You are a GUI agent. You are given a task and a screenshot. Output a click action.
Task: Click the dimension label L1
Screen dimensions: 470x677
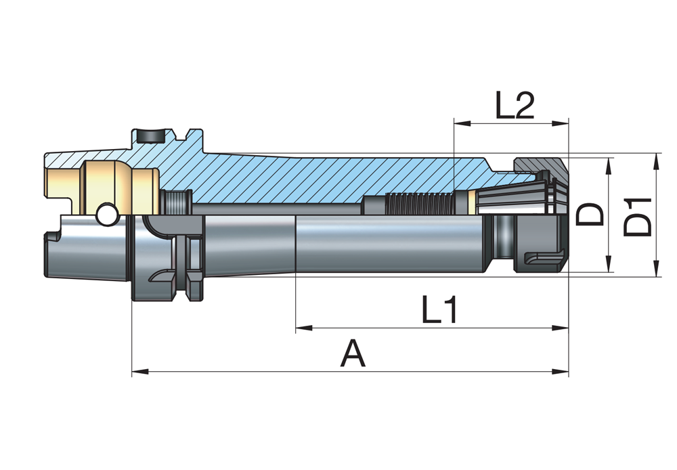[x=439, y=311]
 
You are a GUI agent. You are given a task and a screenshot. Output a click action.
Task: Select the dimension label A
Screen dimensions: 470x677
[x=353, y=354]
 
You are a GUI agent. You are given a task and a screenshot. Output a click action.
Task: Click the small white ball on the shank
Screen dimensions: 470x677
[x=106, y=215]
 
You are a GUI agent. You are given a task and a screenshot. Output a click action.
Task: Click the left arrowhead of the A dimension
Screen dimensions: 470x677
[x=138, y=371]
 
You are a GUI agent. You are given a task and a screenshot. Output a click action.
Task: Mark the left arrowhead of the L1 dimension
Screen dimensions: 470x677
[x=303, y=328]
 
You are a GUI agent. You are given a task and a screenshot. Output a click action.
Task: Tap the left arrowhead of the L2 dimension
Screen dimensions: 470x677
[x=460, y=123]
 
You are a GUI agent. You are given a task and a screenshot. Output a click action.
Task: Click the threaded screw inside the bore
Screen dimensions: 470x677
[x=420, y=202]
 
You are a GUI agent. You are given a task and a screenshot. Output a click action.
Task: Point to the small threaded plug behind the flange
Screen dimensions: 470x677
[x=177, y=201]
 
